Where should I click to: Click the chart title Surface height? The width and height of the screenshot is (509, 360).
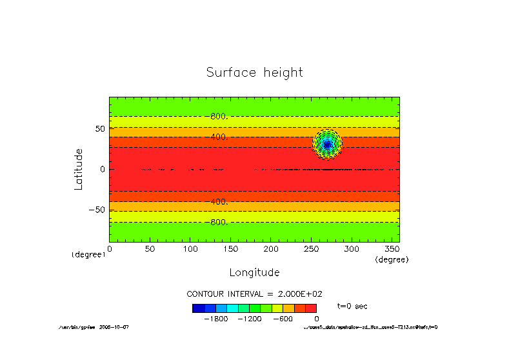point(254,72)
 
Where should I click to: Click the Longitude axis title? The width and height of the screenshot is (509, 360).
point(254,272)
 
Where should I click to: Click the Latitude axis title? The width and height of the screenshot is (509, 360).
point(79,169)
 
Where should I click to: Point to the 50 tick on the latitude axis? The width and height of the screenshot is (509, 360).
point(100,129)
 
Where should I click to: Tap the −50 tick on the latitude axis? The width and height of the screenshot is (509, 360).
point(97,210)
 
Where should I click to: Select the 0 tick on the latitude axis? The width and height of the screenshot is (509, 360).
point(103,169)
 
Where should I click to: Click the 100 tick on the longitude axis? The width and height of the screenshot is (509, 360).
point(190,248)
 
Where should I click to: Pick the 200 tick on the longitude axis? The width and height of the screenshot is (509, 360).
point(271,248)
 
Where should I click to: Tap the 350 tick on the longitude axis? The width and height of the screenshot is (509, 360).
point(392,248)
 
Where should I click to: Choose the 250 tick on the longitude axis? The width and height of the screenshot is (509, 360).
point(311,248)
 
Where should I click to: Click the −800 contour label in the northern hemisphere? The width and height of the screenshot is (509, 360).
point(219,117)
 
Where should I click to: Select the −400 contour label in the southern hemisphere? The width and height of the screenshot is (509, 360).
point(219,202)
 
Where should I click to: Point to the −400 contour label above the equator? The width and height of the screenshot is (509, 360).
point(219,137)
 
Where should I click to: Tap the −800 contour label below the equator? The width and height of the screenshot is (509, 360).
point(219,223)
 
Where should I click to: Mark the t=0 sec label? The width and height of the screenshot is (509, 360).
point(352,306)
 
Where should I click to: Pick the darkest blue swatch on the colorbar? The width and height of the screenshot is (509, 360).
point(198,308)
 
